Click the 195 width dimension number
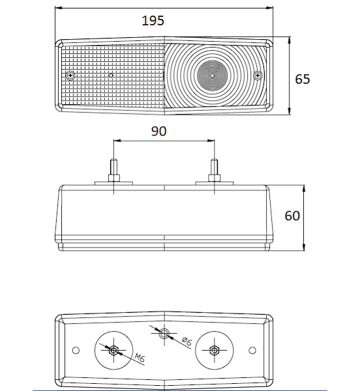(x=153, y=20)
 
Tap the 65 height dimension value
(x=303, y=79)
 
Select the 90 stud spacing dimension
(x=158, y=131)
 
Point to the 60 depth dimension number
(x=292, y=216)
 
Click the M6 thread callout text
(x=140, y=358)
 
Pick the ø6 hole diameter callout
(x=187, y=341)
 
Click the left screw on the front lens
(x=70, y=75)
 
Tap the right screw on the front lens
(x=258, y=75)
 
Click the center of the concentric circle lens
(x=212, y=75)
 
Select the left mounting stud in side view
(x=113, y=170)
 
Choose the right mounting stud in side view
(x=215, y=170)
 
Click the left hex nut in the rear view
(x=113, y=351)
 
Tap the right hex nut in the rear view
(x=215, y=351)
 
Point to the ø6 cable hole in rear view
(x=164, y=333)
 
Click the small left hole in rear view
(x=76, y=351)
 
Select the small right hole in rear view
(x=252, y=351)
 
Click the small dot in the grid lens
(x=112, y=75)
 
